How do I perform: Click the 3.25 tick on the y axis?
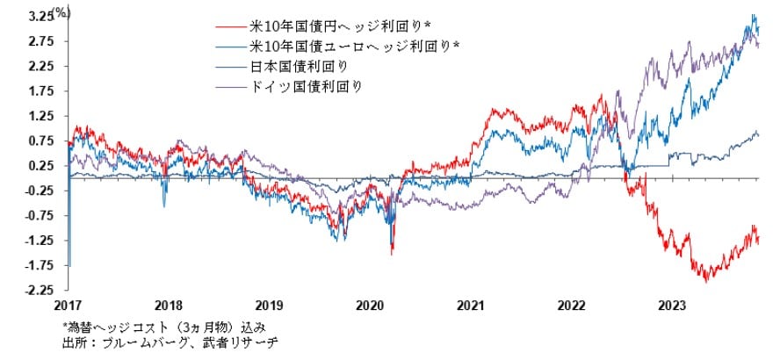point(37,17)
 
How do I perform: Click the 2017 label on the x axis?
point(68,306)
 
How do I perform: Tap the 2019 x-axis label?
point(269,306)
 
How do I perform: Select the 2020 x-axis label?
point(370,306)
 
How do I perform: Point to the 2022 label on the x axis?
point(572,306)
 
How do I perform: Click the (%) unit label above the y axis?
point(61,11)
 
